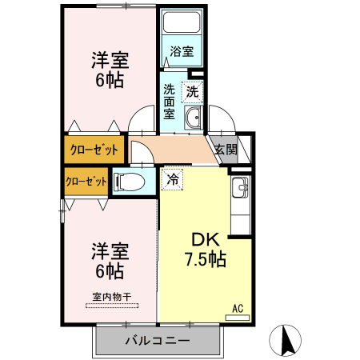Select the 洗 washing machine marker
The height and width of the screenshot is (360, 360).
pos(192,92)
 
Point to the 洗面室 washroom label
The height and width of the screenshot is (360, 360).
pos(170,102)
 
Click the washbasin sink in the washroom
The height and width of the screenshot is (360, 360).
pos(193,119)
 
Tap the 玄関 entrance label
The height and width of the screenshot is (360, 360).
pos(225,149)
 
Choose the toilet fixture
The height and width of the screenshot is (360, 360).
pos(130,182)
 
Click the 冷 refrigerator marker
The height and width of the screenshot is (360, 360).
pos(171,180)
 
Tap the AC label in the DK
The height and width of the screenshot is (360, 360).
pos(238,307)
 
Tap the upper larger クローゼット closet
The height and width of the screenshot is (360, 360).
pos(93,150)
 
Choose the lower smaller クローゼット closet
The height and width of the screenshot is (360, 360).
pos(86,180)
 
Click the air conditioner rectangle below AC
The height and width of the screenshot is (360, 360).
pos(238,317)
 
